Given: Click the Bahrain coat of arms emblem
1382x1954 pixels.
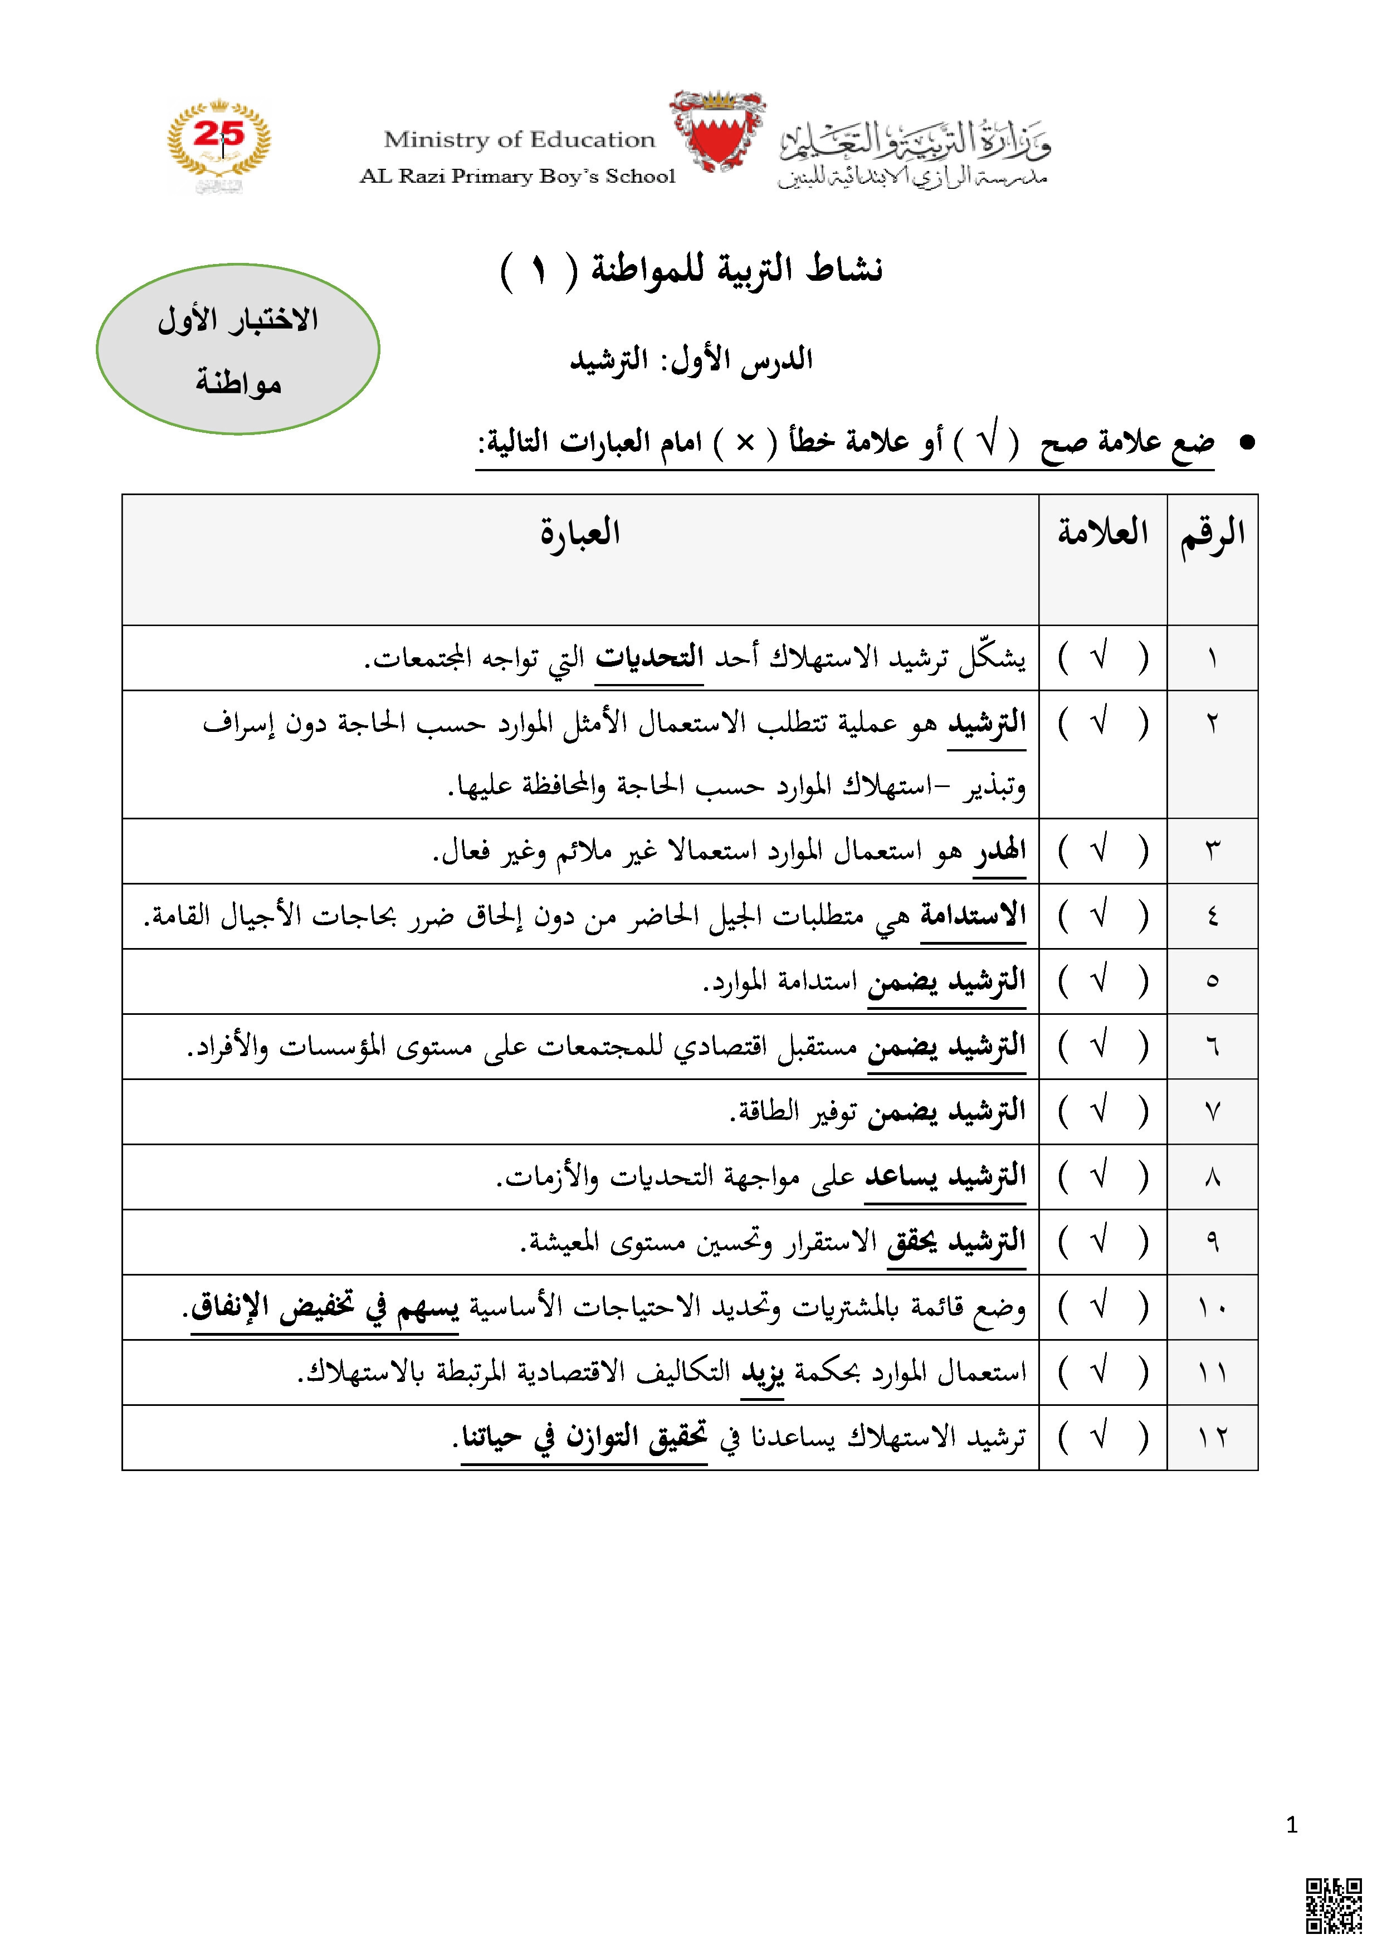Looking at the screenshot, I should [717, 132].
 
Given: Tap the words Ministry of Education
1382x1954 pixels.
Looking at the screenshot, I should [519, 140].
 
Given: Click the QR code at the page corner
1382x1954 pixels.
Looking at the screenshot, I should [1334, 1906].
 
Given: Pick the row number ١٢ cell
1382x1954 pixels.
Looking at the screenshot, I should [1212, 1438].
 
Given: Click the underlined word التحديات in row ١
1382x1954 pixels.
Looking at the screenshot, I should [650, 658].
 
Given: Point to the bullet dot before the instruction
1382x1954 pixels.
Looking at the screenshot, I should [1248, 442].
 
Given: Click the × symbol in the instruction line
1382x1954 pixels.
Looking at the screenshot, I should [745, 442].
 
